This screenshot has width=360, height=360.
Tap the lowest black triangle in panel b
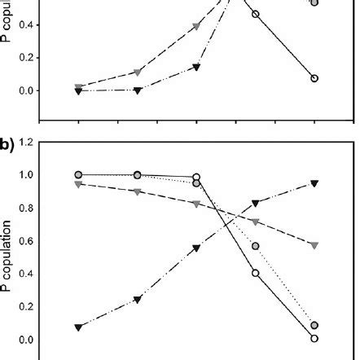(78, 327)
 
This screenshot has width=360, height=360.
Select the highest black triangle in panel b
(314, 183)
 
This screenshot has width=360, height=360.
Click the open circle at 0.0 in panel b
(314, 338)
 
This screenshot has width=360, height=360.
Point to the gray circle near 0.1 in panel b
(314, 325)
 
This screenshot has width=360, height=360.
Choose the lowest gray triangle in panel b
(314, 245)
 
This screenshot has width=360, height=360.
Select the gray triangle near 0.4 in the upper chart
(196, 27)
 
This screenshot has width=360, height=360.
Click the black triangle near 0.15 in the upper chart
(196, 67)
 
